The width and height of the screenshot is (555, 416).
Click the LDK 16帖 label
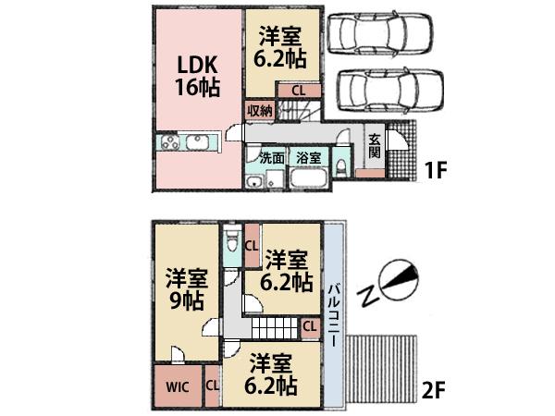coord(196,77)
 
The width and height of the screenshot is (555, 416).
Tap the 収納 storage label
coord(260,110)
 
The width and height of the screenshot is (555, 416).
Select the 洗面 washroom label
coord(271,157)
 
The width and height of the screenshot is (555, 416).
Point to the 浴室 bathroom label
coord(308,157)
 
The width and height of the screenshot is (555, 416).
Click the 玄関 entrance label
coord(375,145)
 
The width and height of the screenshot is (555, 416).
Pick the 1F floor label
coord(436,173)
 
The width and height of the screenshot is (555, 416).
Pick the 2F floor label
coord(436,389)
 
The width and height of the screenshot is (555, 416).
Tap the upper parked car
coord(374,36)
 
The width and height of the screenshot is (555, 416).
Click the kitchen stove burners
coord(172,143)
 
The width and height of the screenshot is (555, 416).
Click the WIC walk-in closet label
coord(179,386)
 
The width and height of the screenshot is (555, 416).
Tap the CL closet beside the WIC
coord(212,386)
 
